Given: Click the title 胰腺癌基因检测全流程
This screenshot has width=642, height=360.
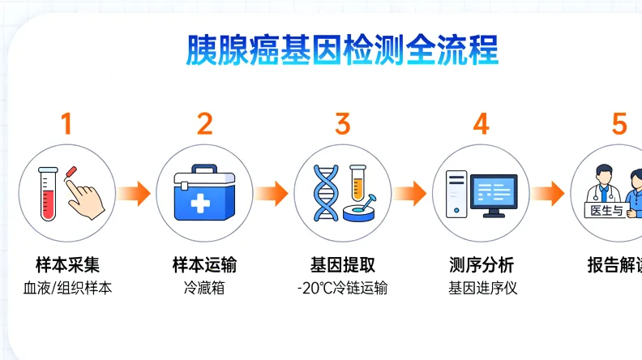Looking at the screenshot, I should tap(342, 51).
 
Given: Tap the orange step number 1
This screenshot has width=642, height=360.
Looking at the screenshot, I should tap(66, 124).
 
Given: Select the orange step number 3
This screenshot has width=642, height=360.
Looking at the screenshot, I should tap(342, 124).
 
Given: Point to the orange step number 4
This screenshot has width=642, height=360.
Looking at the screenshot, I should tap(481, 124).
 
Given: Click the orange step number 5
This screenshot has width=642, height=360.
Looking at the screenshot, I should tap(619, 124).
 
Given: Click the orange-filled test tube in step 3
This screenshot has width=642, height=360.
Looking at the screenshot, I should tap(357, 182).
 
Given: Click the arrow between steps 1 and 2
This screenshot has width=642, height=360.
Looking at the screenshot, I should tap(134, 194).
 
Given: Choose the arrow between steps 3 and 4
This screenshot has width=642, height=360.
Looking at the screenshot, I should tap(411, 194).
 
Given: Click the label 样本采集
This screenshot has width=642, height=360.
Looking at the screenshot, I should tap(66, 264).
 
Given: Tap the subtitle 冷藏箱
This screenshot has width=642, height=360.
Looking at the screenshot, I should tap(204, 288).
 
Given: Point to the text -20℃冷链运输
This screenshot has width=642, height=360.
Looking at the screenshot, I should tap(342, 288).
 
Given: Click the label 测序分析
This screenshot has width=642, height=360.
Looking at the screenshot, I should tap(481, 264).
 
